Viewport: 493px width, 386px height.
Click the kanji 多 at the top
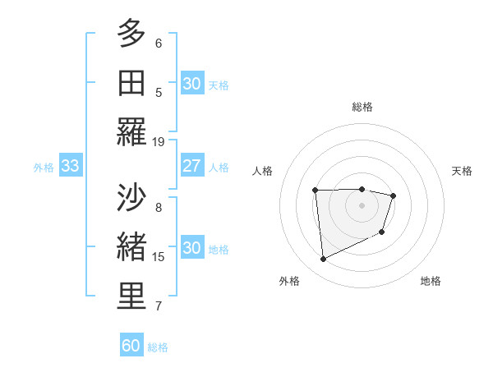[x=131, y=34]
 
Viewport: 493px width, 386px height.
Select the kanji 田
[x=131, y=84]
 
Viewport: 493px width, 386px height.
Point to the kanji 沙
[x=131, y=200]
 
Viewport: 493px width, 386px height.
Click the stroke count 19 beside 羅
[x=159, y=141]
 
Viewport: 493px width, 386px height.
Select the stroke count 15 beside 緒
[x=159, y=257]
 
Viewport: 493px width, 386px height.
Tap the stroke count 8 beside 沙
[x=159, y=208]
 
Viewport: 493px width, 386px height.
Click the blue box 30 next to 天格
[x=191, y=84]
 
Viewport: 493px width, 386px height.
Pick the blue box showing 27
[x=191, y=166]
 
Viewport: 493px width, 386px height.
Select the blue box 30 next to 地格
[x=191, y=249]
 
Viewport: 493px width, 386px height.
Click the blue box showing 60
[x=131, y=346]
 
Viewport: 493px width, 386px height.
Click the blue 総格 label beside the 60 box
[x=158, y=347]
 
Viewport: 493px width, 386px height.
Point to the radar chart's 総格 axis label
[x=362, y=107]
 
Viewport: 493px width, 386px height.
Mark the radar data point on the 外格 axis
[x=324, y=260]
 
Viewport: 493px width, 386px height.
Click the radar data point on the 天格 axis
[x=394, y=195]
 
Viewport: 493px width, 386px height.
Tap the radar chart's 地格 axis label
[x=431, y=281]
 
